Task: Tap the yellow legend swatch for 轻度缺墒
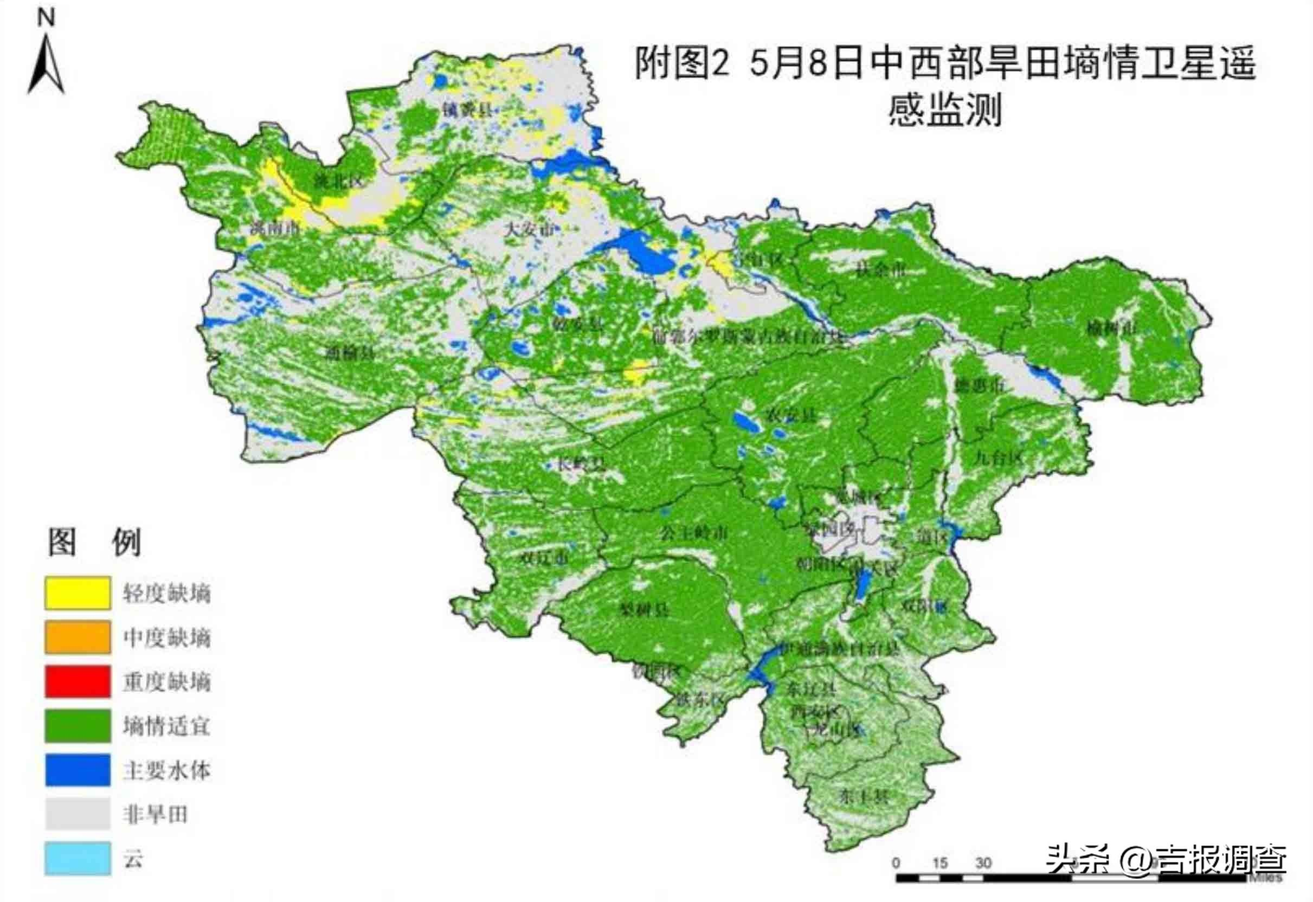[x=78, y=593]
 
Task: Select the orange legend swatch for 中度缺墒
[x=78, y=637]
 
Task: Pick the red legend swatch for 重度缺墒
[x=78, y=681]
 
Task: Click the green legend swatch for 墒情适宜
[x=78, y=726]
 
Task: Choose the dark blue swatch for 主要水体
[x=78, y=770]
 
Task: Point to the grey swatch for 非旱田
[x=78, y=814]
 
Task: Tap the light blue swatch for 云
[x=78, y=859]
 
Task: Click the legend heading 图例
[x=94, y=543]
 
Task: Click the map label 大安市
[x=529, y=229]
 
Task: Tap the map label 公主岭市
[x=694, y=532]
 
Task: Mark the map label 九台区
[x=998, y=458]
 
